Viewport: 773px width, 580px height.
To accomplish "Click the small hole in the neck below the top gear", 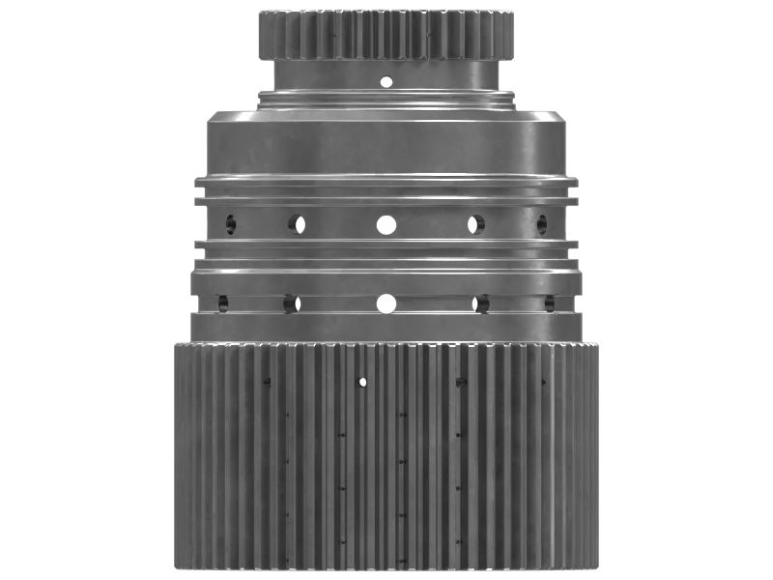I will [x=386, y=81].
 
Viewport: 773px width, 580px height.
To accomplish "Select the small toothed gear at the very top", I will [x=386, y=35].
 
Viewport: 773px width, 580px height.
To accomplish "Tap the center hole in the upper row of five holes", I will [x=386, y=224].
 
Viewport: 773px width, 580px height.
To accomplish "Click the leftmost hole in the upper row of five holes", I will [x=231, y=224].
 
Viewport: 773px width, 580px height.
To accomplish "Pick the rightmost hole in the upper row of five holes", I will [x=541, y=224].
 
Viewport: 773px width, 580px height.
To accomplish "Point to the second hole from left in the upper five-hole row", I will [x=296, y=224].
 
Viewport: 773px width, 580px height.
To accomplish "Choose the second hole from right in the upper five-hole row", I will [x=475, y=224].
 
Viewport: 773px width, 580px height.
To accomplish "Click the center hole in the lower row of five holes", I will [x=386, y=304].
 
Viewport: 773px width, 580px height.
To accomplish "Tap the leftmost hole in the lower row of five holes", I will [x=222, y=304].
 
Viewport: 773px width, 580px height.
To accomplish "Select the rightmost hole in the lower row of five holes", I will [x=549, y=304].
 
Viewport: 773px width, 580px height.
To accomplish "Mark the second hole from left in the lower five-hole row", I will [x=291, y=304].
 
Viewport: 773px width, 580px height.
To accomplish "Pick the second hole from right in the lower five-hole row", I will [x=480, y=304].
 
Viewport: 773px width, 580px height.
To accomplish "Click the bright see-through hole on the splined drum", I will [x=362, y=382].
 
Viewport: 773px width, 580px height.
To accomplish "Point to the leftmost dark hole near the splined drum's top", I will [x=267, y=382].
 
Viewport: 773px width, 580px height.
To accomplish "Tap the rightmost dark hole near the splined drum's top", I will [x=542, y=382].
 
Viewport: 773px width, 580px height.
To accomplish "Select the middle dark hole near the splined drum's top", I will [x=461, y=382].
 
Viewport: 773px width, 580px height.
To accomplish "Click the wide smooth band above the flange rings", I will [x=386, y=145].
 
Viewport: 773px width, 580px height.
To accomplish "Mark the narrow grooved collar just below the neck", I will [x=386, y=97].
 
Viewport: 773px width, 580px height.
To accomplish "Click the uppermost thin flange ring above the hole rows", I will [x=386, y=181].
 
